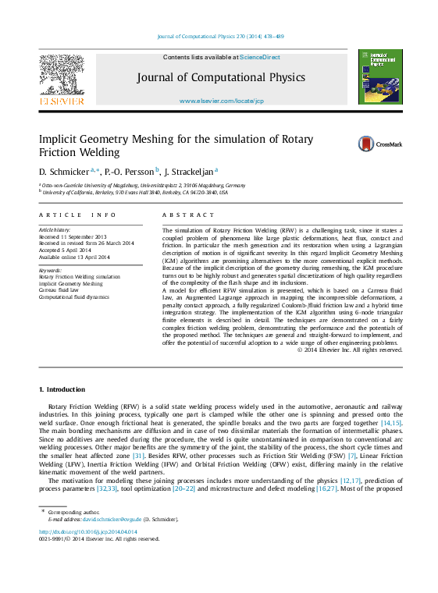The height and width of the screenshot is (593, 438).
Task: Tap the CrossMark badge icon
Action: pos(366,144)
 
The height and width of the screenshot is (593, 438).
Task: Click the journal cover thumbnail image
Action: pos(379,76)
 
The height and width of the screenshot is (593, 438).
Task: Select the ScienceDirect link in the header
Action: pos(259,57)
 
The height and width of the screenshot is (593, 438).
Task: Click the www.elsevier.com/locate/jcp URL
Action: pos(221,101)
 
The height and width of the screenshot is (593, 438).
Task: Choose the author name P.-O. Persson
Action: pos(130,171)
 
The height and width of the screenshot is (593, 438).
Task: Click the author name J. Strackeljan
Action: pos(190,171)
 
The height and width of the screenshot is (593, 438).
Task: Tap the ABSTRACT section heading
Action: pos(187,215)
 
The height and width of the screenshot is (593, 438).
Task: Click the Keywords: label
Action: pos(50,270)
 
